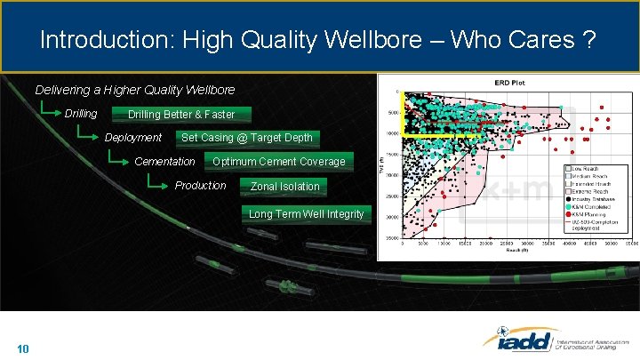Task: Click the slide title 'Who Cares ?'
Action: coord(533,40)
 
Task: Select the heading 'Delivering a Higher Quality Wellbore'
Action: coord(135,90)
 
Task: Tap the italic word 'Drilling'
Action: coord(81,114)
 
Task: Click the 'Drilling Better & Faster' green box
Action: coord(181,115)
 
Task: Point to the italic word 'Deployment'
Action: coord(133,138)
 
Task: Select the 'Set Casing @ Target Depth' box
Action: coord(247,138)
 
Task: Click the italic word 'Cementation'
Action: coord(164,162)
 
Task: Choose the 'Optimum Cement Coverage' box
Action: coord(279,162)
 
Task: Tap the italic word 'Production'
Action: coord(200,186)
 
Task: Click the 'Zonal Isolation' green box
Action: coord(284,187)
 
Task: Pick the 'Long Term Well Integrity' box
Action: coord(306,214)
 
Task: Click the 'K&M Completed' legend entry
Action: coord(595,206)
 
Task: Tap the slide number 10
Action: coord(23,348)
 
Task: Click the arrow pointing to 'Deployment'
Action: coord(86,136)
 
